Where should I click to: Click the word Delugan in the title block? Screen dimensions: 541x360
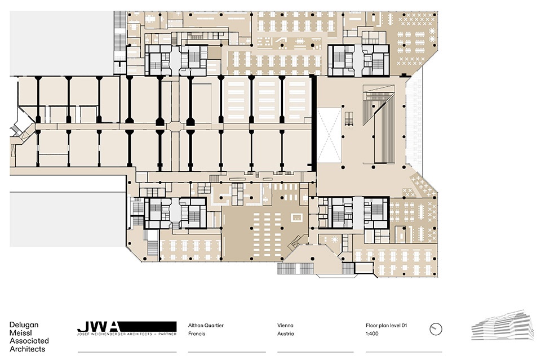coord(24,325)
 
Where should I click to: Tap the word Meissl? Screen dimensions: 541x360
coord(20,332)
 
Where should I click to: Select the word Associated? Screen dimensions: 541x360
coord(29,341)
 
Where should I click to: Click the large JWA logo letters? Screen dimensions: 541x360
coord(97,326)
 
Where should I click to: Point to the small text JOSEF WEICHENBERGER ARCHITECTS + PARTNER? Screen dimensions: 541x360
coord(127,334)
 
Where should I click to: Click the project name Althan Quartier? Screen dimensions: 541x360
coord(206,325)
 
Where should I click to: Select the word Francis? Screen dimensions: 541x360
coord(197,334)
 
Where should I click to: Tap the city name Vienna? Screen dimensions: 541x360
coord(285,325)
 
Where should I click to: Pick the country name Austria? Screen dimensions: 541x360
coord(286,334)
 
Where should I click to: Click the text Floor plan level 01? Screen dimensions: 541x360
coord(387,325)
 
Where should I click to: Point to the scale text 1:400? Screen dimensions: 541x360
coord(372,334)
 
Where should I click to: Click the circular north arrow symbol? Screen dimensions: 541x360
coord(436,329)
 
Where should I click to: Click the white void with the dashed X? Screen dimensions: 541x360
coord(329,136)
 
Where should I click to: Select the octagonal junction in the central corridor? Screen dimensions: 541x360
coord(176,127)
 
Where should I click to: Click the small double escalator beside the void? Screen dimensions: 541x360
coord(349,119)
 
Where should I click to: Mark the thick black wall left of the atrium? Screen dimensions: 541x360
coord(314,123)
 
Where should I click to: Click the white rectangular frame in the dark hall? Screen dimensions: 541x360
coord(297,217)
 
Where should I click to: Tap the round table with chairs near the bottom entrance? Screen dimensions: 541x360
coord(334,239)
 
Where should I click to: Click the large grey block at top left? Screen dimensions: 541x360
coord(61,43)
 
